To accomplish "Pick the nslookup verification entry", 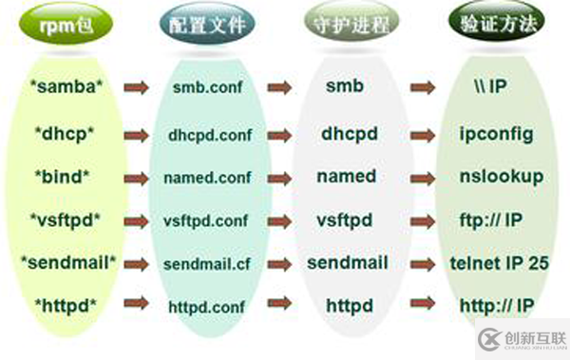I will click(501, 177).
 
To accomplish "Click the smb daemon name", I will click(343, 86).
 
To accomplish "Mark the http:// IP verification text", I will click(494, 306).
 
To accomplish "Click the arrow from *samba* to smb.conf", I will click(136, 87).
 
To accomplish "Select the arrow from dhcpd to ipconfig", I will click(424, 133).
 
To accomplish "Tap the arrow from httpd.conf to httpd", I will click(279, 306).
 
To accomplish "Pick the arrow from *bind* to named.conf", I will click(136, 177).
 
